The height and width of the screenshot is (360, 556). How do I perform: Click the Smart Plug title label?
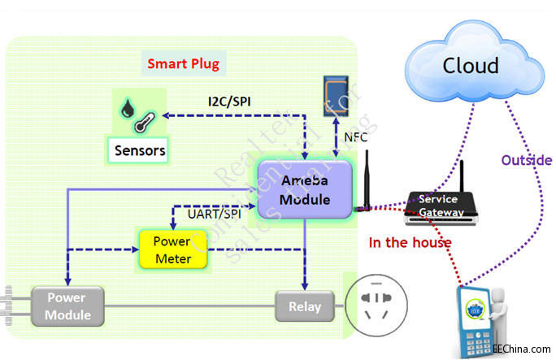(183, 63)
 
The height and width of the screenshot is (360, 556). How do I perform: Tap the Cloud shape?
(470, 65)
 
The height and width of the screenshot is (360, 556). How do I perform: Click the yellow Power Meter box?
(172, 250)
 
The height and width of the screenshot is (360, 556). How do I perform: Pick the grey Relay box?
(305, 306)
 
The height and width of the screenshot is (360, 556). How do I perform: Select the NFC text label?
(354, 137)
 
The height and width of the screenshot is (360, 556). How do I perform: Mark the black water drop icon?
(128, 109)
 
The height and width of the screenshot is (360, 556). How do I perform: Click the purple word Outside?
(527, 160)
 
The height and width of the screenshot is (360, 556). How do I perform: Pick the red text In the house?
(410, 241)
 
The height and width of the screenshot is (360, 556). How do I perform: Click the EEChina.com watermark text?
(520, 349)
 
